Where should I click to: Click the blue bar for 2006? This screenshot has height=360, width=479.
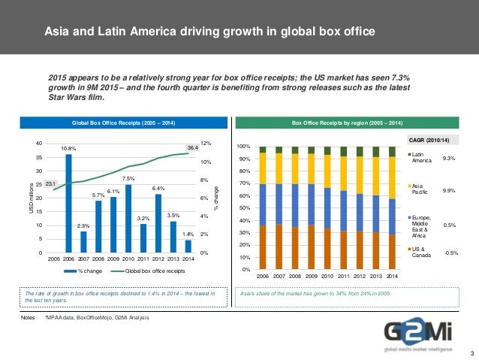click(x=68, y=203)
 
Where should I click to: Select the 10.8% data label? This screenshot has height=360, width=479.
click(x=68, y=149)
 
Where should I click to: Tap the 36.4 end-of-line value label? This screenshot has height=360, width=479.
click(x=192, y=147)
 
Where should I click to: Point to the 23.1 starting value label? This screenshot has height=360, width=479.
click(x=50, y=183)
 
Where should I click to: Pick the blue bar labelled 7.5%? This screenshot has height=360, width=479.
click(x=128, y=218)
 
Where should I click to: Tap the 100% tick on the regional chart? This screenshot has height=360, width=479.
click(x=243, y=147)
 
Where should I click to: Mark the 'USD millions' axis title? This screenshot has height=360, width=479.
click(x=32, y=197)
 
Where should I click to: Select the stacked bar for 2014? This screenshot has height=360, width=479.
click(x=393, y=207)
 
